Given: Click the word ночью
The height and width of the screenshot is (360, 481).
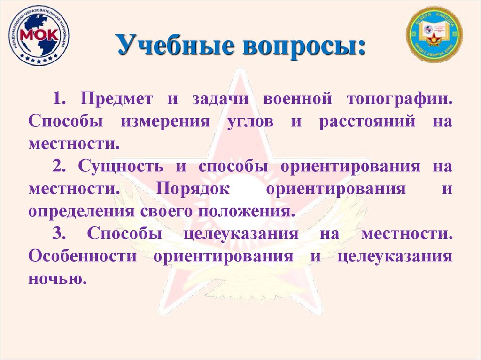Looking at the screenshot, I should point(57,279).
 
